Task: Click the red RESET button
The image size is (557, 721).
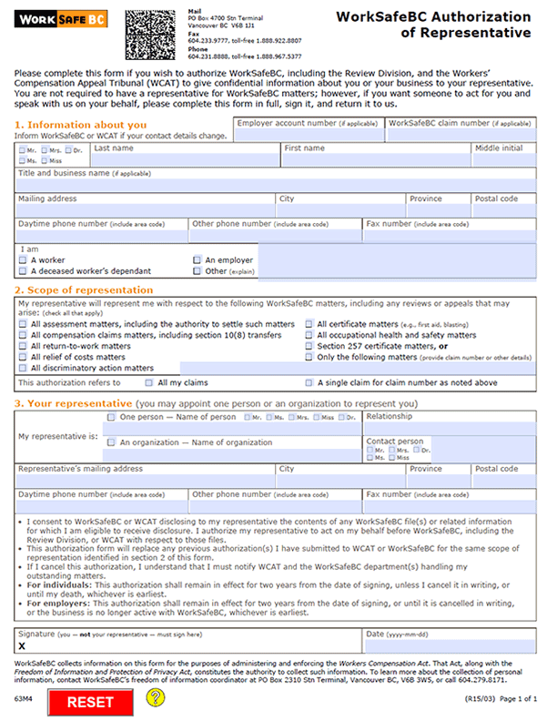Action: pyautogui.click(x=89, y=702)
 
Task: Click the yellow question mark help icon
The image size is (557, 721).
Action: pyautogui.click(x=156, y=697)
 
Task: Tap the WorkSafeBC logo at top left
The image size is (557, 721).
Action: pyautogui.click(x=57, y=18)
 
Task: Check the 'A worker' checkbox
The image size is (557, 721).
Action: pyautogui.click(x=23, y=259)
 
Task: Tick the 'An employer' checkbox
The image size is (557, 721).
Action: pyautogui.click(x=197, y=259)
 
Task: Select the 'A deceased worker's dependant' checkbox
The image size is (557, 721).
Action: pyautogui.click(x=23, y=270)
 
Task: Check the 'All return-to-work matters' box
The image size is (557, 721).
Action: pyautogui.click(x=23, y=346)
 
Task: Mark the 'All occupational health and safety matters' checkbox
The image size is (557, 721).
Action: pyautogui.click(x=309, y=335)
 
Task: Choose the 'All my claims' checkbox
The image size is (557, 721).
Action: pyautogui.click(x=150, y=383)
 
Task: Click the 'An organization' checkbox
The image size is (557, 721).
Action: pyautogui.click(x=111, y=442)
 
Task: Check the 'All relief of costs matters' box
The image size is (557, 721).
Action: pyautogui.click(x=23, y=358)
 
